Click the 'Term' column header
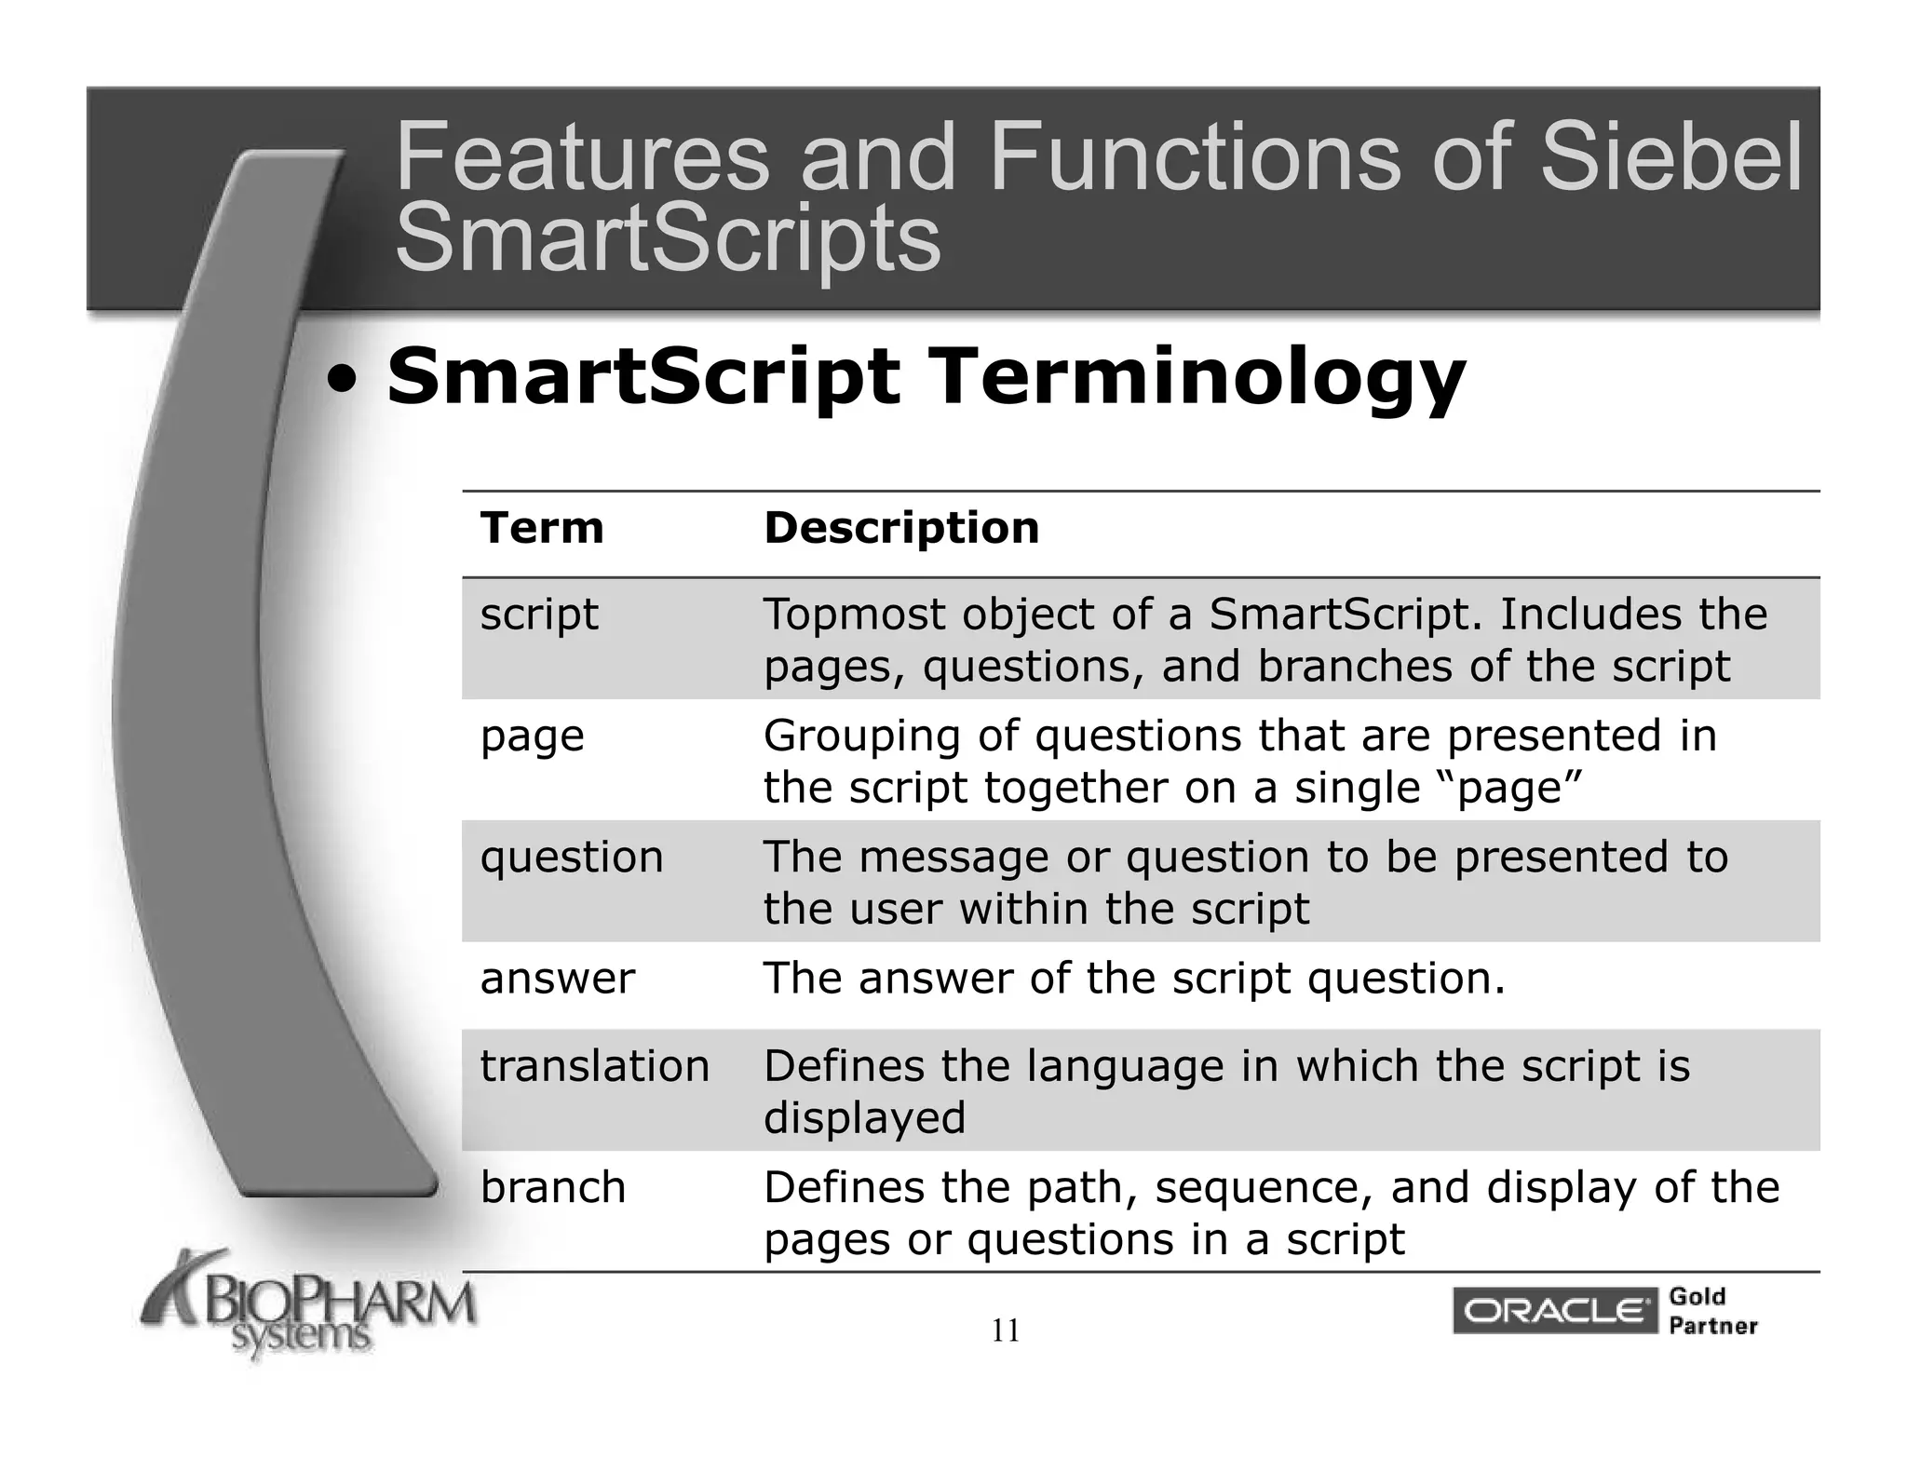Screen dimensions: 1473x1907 [542, 528]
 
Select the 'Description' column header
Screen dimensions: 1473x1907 [900, 528]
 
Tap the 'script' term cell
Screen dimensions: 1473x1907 [539, 615]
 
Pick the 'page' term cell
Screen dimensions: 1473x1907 [532, 736]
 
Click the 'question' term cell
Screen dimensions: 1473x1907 [572, 858]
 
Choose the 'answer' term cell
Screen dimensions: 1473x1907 [557, 979]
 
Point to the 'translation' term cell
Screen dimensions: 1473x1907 [594, 1066]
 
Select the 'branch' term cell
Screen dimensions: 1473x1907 [553, 1188]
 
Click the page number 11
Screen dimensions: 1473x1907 [1006, 1331]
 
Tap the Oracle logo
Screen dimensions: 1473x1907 [1554, 1312]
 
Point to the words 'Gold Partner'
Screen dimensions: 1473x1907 [1712, 1311]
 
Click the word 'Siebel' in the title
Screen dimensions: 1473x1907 [1671, 158]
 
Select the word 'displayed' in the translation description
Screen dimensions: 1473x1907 [864, 1117]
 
